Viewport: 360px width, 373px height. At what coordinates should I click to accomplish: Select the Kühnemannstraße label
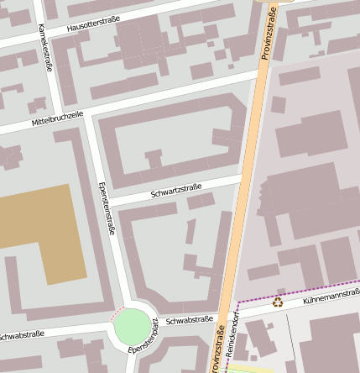click(x=331, y=296)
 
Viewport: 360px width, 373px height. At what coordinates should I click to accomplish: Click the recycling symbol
click(x=278, y=303)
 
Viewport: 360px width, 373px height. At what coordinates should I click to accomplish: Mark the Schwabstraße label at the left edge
click(x=20, y=334)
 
